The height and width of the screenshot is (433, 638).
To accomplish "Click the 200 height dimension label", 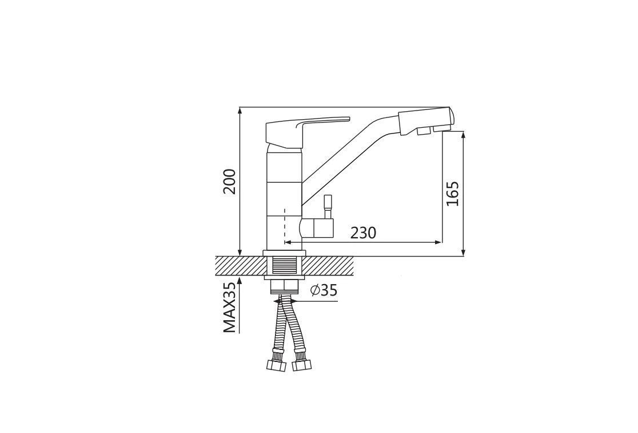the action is click(x=229, y=182).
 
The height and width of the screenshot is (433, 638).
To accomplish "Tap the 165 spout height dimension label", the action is click(x=452, y=193).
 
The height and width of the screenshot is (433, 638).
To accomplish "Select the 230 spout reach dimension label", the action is click(x=364, y=233).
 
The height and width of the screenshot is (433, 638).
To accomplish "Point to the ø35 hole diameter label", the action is click(x=324, y=290).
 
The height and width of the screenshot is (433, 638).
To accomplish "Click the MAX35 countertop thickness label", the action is click(x=229, y=308).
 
